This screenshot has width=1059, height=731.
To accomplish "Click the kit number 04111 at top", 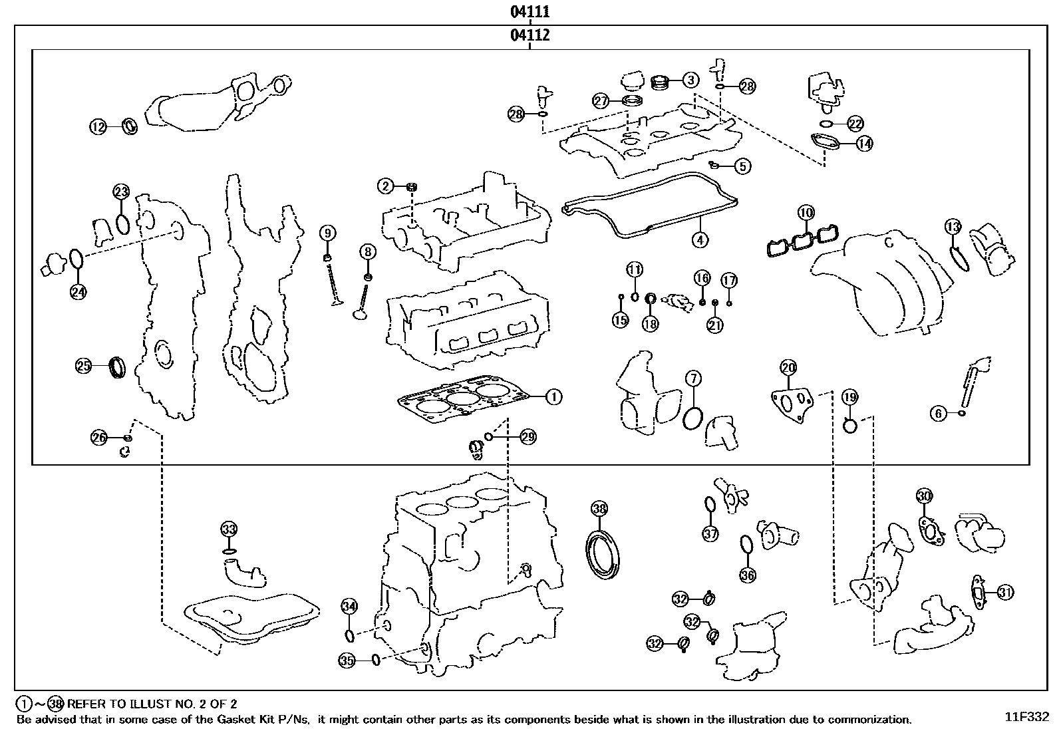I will (529, 11).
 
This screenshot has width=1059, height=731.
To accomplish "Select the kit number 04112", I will (529, 35).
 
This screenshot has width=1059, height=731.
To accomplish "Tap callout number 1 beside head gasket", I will (553, 397).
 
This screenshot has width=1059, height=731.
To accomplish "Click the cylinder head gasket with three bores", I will (462, 400).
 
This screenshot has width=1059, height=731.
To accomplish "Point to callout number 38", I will (599, 509).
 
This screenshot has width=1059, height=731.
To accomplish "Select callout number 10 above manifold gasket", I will (806, 213).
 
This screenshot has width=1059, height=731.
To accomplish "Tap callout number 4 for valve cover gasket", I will (699, 239).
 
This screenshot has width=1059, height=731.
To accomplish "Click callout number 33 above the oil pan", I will (229, 529).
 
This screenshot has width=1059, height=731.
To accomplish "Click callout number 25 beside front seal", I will (83, 365).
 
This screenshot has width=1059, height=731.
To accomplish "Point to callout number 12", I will (98, 126).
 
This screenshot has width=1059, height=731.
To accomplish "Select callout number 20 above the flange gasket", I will (788, 367).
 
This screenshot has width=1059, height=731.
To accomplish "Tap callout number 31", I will (1005, 592).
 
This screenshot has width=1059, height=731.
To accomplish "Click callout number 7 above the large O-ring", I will (692, 379).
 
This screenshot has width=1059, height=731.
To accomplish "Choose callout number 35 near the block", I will (347, 660).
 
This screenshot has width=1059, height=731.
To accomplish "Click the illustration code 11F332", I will (1026, 717).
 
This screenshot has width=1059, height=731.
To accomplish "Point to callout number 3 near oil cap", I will (691, 80).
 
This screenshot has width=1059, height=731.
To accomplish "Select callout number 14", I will (864, 143).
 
